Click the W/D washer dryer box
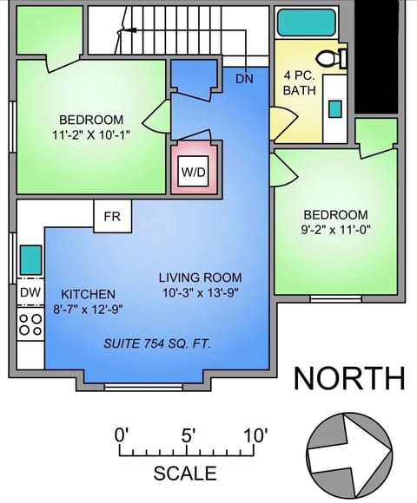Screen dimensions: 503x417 coord(194,171)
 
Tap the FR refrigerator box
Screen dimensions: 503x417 coord(112,217)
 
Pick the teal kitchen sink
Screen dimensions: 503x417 coord(30,258)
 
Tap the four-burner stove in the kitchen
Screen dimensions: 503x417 coord(30,324)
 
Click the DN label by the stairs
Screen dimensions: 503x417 coord(245,79)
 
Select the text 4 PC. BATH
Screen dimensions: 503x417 coord(299,82)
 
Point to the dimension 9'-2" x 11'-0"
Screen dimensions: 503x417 coord(335,231)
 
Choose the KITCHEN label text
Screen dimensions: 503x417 coord(89,294)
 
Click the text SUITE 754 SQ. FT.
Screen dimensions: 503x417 coord(157,343)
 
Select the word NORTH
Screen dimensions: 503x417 coord(348,378)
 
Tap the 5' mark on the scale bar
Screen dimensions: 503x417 coord(188,435)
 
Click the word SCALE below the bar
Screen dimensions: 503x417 coord(185,474)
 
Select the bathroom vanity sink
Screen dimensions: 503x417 coord(334,108)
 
